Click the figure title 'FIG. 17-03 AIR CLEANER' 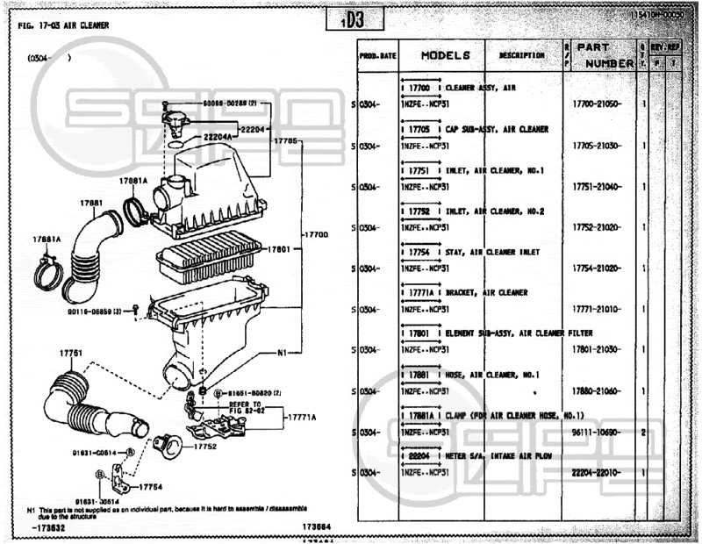pos(63,25)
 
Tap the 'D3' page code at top pos(351,20)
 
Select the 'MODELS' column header pos(446,55)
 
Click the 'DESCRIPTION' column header pos(522,55)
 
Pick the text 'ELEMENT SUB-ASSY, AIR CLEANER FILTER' pos(519,333)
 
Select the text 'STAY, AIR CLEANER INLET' pos(492,252)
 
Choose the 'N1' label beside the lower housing pos(282,353)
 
